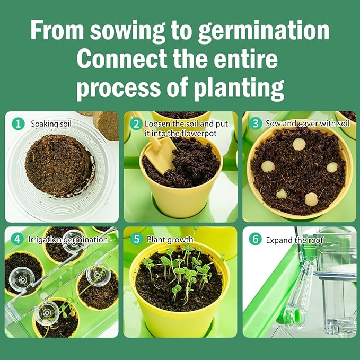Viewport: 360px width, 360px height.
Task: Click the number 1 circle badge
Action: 19,124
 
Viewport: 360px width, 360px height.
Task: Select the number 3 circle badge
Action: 256,124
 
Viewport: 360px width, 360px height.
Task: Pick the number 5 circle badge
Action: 136,240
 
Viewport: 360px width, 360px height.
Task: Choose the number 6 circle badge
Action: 256,239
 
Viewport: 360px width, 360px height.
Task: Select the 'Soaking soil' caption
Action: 50,124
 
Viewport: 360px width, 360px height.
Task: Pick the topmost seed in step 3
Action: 299,143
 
